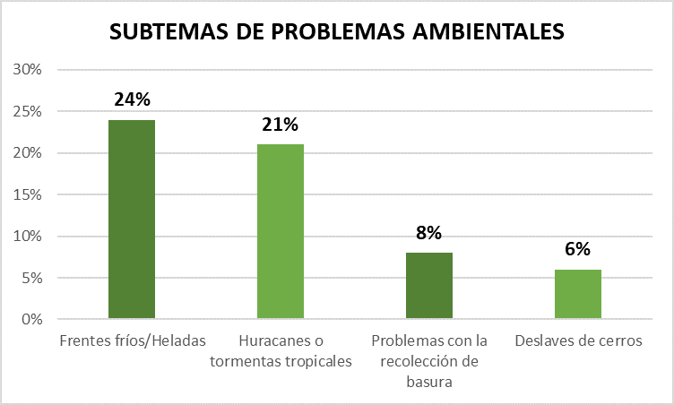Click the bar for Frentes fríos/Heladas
coord(132,220)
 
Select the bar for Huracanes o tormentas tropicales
coord(281,231)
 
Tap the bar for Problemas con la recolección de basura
coord(429,286)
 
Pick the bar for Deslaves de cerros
coord(577,294)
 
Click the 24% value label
coord(132,99)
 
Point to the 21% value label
coord(281,125)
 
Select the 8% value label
coord(429,233)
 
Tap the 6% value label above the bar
coord(577,250)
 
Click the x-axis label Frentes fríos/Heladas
coord(132,341)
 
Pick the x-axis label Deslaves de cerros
coord(577,341)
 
